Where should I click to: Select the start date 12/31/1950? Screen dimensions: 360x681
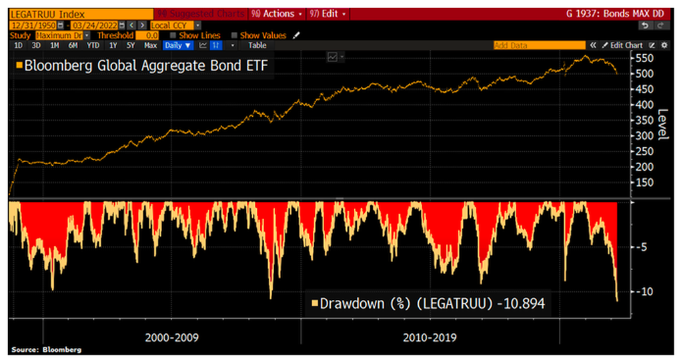coord(32,25)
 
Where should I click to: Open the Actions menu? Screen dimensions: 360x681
coord(276,13)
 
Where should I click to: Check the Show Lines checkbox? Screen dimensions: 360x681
coord(174,35)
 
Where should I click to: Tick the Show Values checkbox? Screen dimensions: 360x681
coord(234,35)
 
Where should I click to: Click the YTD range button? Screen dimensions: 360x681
coord(93,45)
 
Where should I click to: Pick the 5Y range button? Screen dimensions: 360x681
coord(131,45)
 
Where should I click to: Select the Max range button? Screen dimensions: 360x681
coord(150,45)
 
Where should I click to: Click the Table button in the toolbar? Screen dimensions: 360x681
coord(257,45)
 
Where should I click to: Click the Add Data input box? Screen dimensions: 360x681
coord(538,45)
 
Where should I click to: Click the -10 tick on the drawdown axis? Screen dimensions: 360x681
coord(641,292)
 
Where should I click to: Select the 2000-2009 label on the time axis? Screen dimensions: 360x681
coord(171,337)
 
